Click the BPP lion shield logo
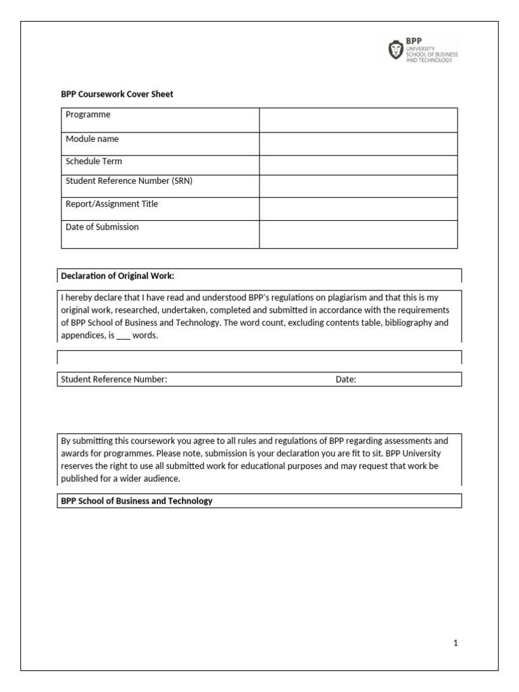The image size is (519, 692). click(395, 50)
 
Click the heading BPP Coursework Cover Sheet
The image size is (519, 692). click(117, 95)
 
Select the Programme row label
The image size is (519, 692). click(88, 115)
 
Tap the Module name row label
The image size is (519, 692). click(92, 139)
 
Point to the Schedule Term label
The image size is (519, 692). click(94, 162)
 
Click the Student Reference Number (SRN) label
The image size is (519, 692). click(129, 181)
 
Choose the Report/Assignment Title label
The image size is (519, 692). click(112, 204)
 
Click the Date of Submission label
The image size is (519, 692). click(102, 227)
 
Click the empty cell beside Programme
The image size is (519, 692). click(358, 120)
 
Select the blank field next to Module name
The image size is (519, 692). click(358, 144)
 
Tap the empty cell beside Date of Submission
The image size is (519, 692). click(358, 234)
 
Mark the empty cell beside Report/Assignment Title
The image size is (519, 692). click(358, 208)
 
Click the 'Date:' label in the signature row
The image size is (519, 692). click(345, 380)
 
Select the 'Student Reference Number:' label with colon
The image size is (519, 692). click(114, 380)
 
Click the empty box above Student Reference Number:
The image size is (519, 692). click(259, 357)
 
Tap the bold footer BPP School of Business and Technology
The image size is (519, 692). click(137, 501)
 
